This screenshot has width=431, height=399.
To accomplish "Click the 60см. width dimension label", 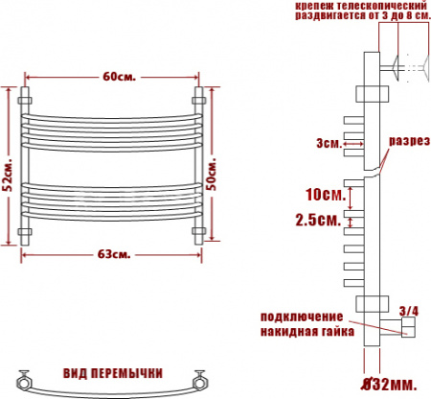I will [113, 77].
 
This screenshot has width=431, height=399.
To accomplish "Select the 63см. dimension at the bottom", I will [113, 254].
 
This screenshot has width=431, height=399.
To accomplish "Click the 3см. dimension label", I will [328, 144].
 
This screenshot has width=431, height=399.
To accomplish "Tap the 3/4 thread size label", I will [408, 310].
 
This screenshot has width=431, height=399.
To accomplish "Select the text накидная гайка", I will [305, 331].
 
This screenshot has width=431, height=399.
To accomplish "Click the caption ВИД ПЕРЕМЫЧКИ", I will [113, 372].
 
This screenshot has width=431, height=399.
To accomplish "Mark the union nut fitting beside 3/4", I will [407, 329].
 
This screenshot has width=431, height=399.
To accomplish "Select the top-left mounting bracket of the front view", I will [26, 98].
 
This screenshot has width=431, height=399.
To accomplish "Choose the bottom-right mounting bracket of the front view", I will [199, 232].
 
